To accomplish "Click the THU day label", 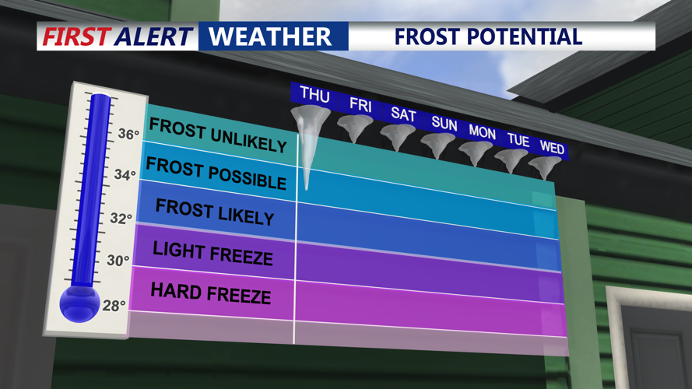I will (314, 95).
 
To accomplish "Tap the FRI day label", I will (360, 105).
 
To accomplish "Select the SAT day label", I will (403, 114).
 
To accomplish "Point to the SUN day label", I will (444, 124).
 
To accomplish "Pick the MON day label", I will (483, 132).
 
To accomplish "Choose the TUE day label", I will (518, 141).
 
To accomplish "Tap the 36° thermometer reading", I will (128, 135).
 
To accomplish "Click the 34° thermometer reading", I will (125, 175).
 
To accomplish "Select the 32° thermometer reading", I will (121, 219).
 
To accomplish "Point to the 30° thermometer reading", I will (118, 261).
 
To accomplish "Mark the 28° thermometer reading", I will (114, 306).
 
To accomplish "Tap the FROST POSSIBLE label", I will (216, 173).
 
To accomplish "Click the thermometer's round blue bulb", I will (79, 301).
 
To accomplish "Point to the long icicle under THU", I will (309, 156).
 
